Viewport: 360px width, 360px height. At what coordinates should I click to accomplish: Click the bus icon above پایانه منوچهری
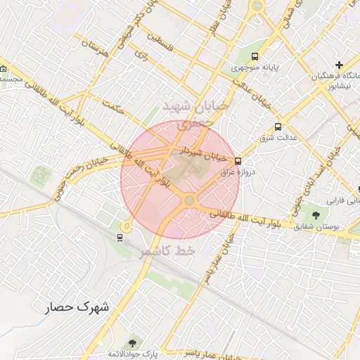click(255, 56)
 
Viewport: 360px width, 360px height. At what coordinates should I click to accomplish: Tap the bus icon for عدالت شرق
click(279, 127)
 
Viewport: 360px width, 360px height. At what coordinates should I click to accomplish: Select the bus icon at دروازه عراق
click(238, 161)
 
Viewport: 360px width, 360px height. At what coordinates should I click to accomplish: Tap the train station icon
click(120, 236)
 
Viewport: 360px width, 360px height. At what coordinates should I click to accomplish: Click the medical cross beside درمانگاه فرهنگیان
click(340, 65)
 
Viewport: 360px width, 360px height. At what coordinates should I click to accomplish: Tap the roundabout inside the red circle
click(188, 201)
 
